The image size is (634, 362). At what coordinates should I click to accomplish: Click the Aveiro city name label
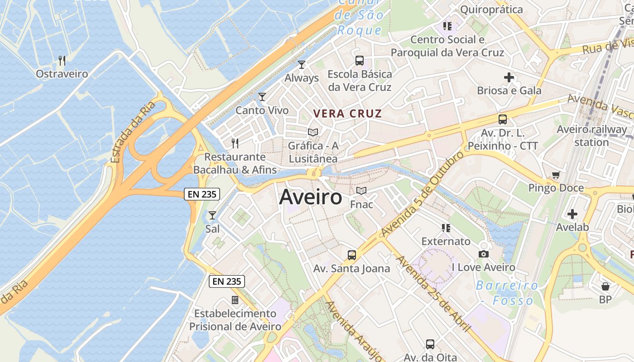pos(311,197)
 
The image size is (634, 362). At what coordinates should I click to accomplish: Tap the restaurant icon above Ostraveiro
pos(62,60)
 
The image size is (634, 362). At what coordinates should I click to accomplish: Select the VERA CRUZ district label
pos(348,114)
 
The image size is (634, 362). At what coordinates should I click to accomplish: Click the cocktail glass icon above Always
pos(302,65)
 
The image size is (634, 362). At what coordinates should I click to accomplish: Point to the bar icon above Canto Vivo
pos(262,97)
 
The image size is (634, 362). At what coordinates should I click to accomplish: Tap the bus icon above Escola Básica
pos(360,60)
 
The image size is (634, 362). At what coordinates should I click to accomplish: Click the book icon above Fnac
pos(361,191)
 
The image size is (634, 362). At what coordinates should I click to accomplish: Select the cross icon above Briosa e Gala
pos(509,77)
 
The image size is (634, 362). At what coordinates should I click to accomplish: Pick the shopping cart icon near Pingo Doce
pos(556,175)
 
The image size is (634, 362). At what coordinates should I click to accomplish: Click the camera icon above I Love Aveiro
pos(484,254)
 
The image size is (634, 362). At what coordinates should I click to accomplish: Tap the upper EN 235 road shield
pos(202,195)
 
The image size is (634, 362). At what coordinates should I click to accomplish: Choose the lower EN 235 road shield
pos(227,281)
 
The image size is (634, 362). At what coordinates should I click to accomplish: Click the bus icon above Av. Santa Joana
pos(352,255)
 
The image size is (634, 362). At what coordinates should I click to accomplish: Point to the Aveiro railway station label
pos(591,136)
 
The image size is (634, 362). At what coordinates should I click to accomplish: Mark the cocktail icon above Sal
pos(212,215)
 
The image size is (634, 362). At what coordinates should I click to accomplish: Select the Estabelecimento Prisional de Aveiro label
pos(235,319)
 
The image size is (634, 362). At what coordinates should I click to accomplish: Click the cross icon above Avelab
pos(572,214)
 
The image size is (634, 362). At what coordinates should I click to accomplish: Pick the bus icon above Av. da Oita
pos(430,344)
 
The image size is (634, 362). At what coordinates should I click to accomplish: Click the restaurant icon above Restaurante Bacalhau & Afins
pos(235,143)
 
